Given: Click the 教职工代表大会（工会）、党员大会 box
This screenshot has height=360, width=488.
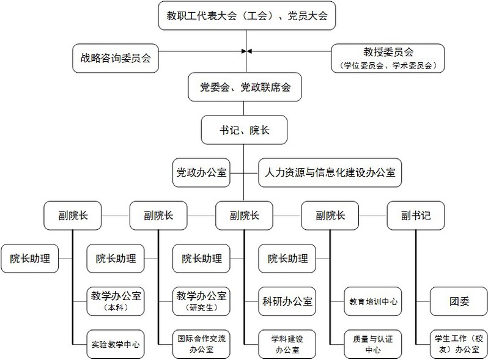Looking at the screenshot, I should pos(246,15).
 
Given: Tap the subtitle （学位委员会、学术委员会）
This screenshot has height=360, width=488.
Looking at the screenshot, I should pos(387,64).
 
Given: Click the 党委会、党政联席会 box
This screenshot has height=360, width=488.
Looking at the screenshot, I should pos(245,88).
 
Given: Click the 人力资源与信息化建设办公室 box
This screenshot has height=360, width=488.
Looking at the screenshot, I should pos(330,173).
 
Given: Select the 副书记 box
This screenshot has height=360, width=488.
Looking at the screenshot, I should pos(416,215).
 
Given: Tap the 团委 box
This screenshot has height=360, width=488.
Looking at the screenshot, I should pos(459,301).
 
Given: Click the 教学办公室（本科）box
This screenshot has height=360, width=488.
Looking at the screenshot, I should pos(116,301).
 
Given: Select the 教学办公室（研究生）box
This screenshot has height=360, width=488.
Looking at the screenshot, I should pos(201,301).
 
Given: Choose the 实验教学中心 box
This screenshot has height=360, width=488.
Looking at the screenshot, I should pos(116,344).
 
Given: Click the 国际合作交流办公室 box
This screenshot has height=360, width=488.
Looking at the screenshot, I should pos(201,344).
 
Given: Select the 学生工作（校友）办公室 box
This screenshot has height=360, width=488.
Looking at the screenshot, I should pos(459,344).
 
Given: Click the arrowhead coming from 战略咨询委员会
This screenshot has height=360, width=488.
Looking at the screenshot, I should pos(242,51).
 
